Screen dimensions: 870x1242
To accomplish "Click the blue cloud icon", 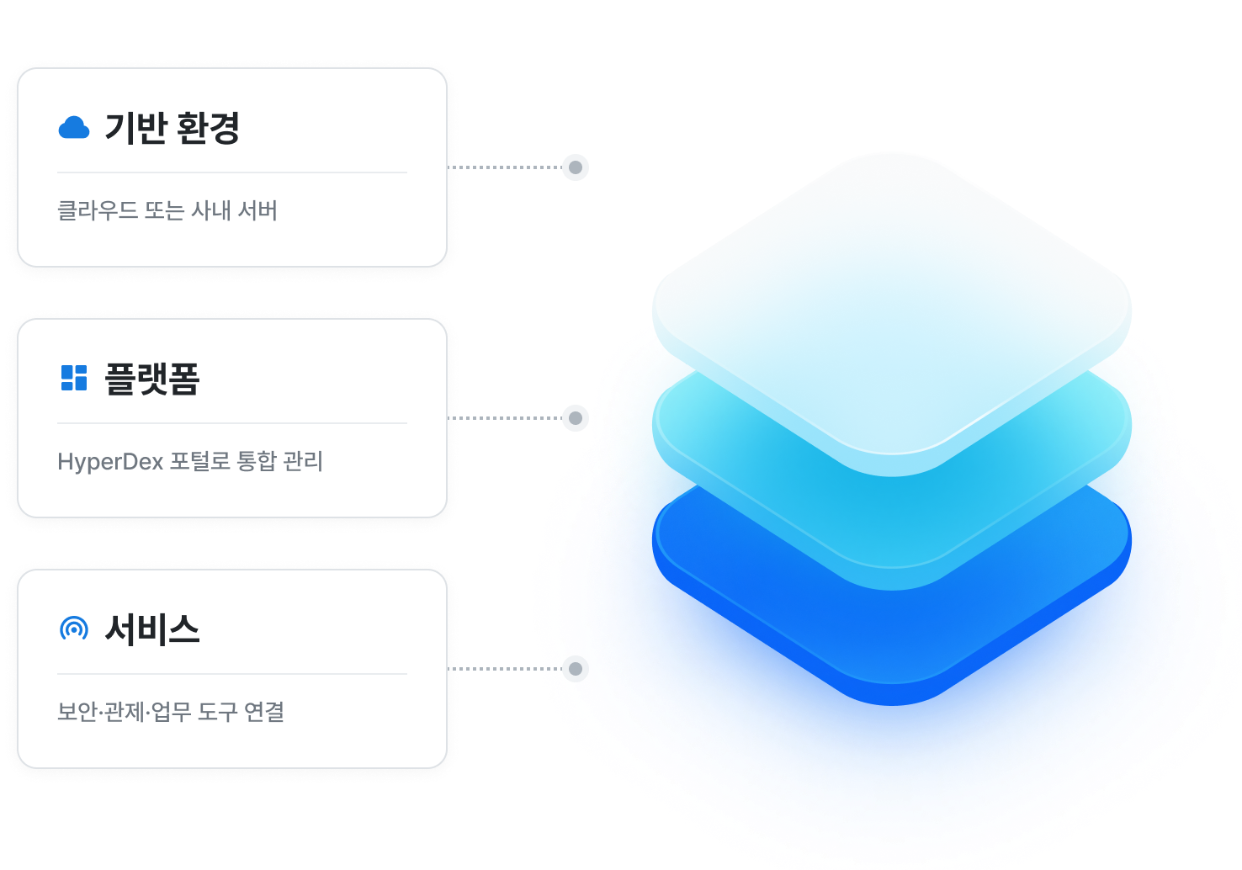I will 74,128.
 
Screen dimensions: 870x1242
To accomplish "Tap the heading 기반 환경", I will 172,128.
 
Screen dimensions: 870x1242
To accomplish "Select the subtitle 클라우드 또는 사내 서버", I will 167,210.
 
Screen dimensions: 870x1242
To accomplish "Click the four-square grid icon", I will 74,378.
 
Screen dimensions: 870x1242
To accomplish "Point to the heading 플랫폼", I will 151,379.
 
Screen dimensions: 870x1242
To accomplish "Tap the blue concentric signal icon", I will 74,629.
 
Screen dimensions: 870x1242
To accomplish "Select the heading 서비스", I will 151,629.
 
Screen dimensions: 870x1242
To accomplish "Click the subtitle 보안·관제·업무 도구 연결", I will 171,712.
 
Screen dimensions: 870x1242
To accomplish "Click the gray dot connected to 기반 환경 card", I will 576,167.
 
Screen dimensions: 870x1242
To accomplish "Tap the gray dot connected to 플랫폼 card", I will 576,417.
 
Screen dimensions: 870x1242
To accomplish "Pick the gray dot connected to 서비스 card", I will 576,669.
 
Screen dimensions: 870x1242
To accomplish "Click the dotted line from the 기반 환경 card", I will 505,167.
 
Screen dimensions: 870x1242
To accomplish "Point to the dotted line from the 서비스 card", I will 505,669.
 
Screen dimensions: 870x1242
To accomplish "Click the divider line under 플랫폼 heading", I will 232,423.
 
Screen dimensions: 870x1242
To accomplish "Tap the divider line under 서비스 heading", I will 232,674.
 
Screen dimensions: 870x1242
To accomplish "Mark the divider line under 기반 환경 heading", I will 232,172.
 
